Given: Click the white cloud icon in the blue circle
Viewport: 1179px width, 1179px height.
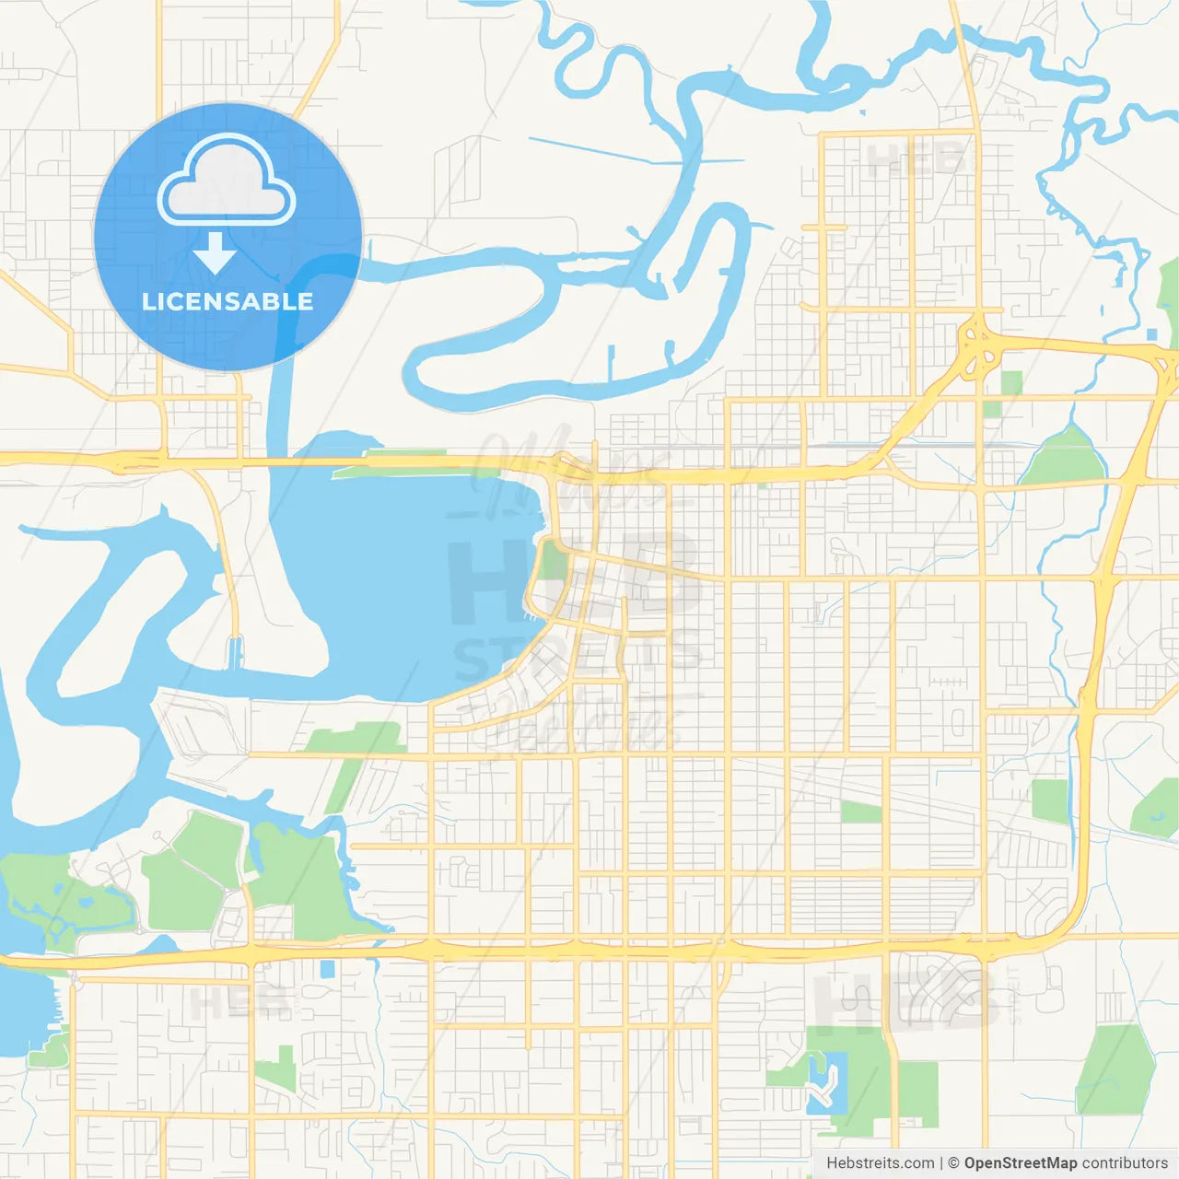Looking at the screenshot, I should click(227, 182).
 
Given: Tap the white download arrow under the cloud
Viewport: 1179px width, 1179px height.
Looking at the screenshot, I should click(215, 253).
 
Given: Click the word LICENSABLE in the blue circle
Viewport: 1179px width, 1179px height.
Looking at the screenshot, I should click(228, 301).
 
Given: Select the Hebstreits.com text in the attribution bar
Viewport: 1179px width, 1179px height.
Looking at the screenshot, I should click(880, 1163).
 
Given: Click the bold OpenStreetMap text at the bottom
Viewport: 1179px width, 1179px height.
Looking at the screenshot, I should click(1020, 1163).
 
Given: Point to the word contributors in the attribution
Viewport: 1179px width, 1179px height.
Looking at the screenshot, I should click(1125, 1163).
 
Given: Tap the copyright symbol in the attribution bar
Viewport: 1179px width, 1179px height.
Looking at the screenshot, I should click(953, 1163).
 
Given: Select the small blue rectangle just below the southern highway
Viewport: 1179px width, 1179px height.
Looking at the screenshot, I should click(327, 969).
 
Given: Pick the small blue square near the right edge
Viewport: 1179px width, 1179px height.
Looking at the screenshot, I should click(1151, 333).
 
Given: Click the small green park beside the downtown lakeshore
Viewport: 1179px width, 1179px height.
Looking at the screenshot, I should click(553, 559).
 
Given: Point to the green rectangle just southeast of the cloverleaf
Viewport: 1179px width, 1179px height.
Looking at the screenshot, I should click(1011, 383).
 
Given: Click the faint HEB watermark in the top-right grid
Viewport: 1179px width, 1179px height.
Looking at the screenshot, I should click(912, 161).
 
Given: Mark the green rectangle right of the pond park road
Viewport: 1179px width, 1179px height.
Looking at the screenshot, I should click(917, 1093).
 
